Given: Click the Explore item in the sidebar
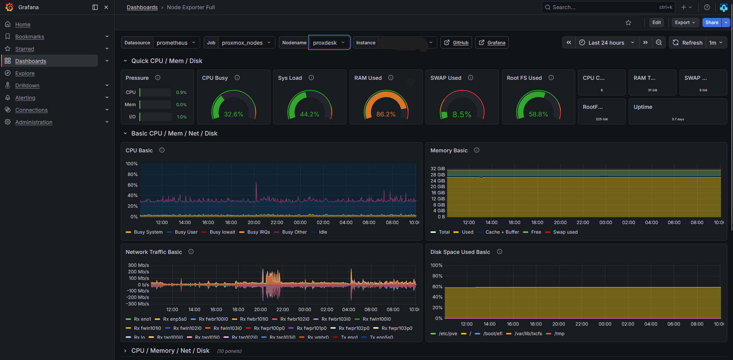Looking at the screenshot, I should click(25, 73).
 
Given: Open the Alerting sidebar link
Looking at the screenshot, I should click(25, 98).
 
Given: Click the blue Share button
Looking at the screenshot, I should click(712, 23).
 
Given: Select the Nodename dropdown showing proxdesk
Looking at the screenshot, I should click(329, 43).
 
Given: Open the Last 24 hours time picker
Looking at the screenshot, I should click(606, 43).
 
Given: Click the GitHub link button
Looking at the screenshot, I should click(456, 43).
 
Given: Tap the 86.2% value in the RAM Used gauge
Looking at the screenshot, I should click(386, 114).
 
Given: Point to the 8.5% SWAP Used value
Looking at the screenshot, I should click(462, 115).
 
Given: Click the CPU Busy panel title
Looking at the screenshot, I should click(215, 78).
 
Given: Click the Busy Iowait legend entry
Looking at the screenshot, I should click(222, 232).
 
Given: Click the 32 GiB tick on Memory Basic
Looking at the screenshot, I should click(437, 169).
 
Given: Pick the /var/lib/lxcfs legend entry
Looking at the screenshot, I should click(528, 334).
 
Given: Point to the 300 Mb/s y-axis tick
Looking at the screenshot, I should click(138, 265).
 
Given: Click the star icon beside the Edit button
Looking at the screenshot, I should click(628, 23).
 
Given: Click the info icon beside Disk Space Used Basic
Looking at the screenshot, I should click(500, 252).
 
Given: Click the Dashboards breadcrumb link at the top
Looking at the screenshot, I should click(142, 7).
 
